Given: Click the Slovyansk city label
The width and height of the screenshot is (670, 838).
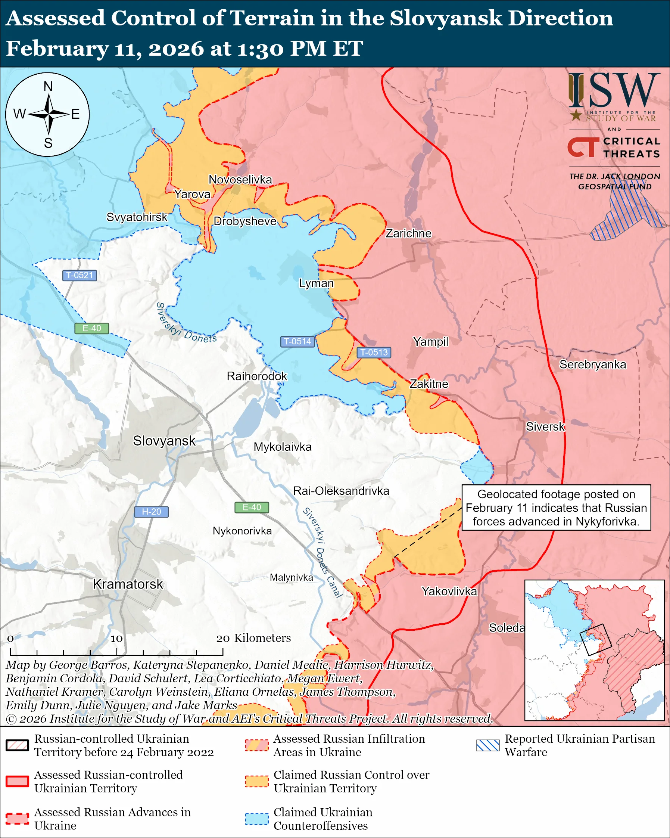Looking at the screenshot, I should click(x=164, y=441).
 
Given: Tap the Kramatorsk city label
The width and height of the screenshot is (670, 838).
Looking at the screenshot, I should click(x=128, y=584).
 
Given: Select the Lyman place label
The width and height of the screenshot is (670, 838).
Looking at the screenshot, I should click(x=316, y=283).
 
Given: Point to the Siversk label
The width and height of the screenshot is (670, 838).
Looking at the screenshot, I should click(x=545, y=427).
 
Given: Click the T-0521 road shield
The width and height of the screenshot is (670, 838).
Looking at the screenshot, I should click(x=80, y=275).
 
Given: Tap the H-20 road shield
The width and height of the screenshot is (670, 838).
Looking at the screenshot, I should click(x=151, y=512).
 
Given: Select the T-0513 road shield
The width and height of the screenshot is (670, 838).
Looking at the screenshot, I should click(x=374, y=353).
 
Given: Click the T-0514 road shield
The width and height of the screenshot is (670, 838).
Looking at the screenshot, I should click(x=297, y=342).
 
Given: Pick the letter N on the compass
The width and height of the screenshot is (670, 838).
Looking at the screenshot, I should click(x=48, y=86).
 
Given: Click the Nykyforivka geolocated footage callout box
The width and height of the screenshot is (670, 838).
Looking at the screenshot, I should click(x=556, y=508).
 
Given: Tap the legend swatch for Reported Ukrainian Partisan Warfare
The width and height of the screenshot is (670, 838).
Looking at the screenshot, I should click(x=487, y=745).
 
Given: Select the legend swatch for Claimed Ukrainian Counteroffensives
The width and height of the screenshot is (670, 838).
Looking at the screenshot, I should click(x=257, y=819).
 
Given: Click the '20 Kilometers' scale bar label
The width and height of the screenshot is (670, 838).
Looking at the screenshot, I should click(x=253, y=638).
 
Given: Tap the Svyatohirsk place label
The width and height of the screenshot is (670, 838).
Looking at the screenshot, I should click(x=137, y=217).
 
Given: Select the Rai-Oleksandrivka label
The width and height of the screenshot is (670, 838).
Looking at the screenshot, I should click(x=341, y=491).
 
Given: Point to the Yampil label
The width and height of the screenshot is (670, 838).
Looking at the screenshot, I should click(x=430, y=342).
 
